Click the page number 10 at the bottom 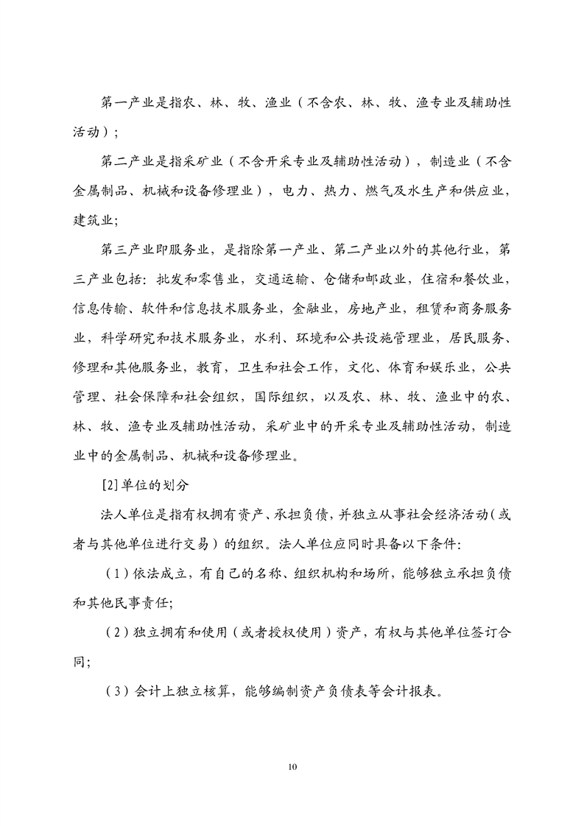click(292, 767)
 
